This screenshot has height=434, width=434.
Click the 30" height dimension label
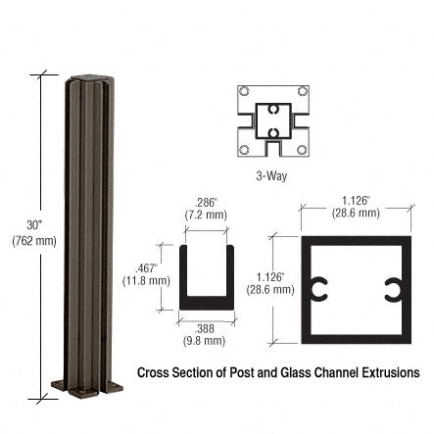(x=34, y=225)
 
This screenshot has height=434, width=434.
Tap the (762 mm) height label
(x=34, y=241)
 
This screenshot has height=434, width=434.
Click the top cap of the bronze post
(x=86, y=77)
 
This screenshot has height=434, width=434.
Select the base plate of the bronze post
(x=86, y=385)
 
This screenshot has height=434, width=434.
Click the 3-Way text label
(x=270, y=176)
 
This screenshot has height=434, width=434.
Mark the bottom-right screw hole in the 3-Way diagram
(x=302, y=150)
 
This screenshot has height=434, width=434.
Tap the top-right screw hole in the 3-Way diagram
(x=302, y=92)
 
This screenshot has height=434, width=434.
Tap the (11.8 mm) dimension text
(x=146, y=280)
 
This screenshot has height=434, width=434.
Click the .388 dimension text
(x=204, y=328)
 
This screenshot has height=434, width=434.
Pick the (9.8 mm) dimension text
(x=204, y=341)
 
